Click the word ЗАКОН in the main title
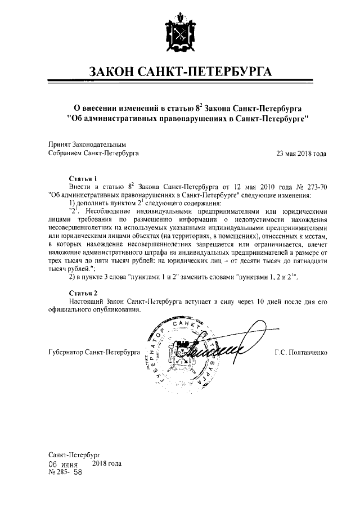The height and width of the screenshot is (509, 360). point(115,72)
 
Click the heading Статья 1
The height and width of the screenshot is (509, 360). point(83,176)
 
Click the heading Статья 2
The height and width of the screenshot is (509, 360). point(83,293)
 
